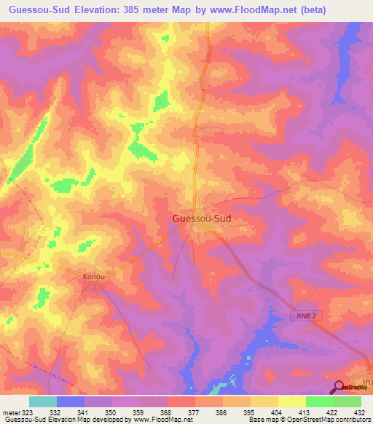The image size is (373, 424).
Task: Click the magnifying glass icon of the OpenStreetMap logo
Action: (x=339, y=388)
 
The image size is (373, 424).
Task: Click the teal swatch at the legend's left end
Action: (x=43, y=401)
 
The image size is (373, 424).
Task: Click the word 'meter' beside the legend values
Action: (x=10, y=412)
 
